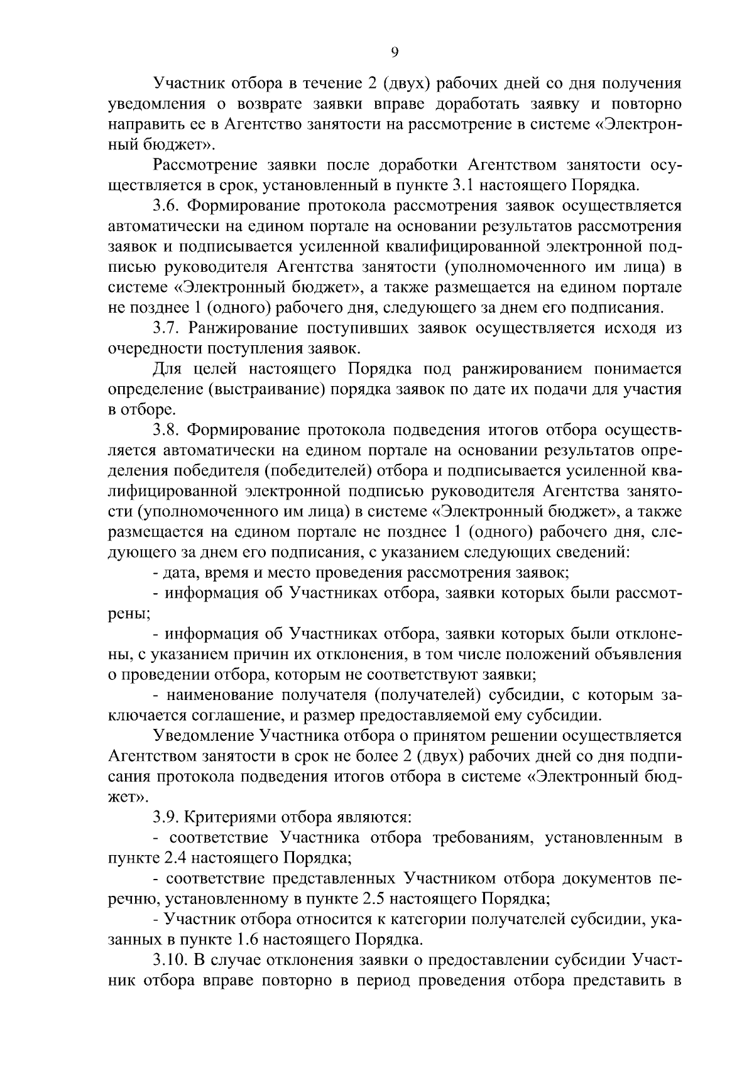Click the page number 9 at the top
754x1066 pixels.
395,53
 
